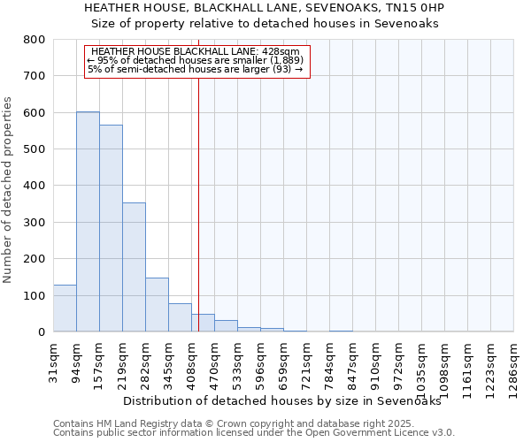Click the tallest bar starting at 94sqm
88,221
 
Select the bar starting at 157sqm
111,228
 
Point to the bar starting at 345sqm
180,317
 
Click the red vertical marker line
198,203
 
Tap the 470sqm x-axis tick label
214,362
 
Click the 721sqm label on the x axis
306,362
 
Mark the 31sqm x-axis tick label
53,361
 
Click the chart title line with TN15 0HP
265,8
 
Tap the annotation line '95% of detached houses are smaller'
196,60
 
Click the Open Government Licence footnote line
254,433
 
